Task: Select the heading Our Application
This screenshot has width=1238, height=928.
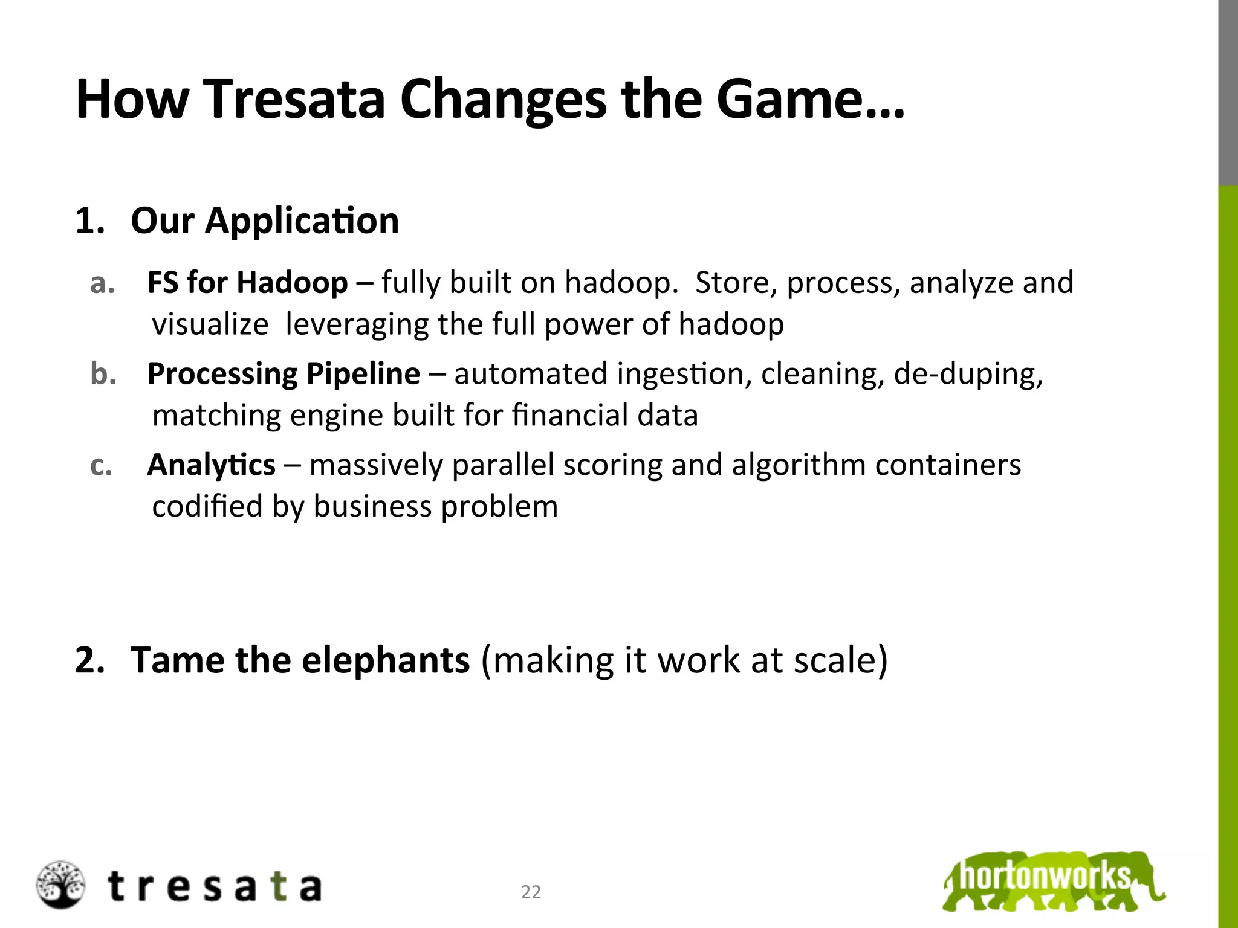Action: click(x=265, y=221)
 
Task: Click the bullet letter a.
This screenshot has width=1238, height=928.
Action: click(x=102, y=283)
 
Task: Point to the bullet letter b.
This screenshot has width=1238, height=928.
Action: click(x=102, y=374)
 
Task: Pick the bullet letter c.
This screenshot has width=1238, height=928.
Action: click(x=101, y=465)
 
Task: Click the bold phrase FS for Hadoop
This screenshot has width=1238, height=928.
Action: click(x=247, y=282)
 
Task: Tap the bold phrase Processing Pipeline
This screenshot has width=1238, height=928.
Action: click(x=284, y=373)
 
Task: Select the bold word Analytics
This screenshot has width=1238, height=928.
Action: click(x=211, y=465)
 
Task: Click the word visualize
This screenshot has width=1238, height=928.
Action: click(x=210, y=324)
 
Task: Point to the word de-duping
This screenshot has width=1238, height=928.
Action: click(x=968, y=374)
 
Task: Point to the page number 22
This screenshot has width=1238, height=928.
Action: click(x=531, y=892)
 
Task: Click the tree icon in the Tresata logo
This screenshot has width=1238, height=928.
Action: click(x=59, y=885)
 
